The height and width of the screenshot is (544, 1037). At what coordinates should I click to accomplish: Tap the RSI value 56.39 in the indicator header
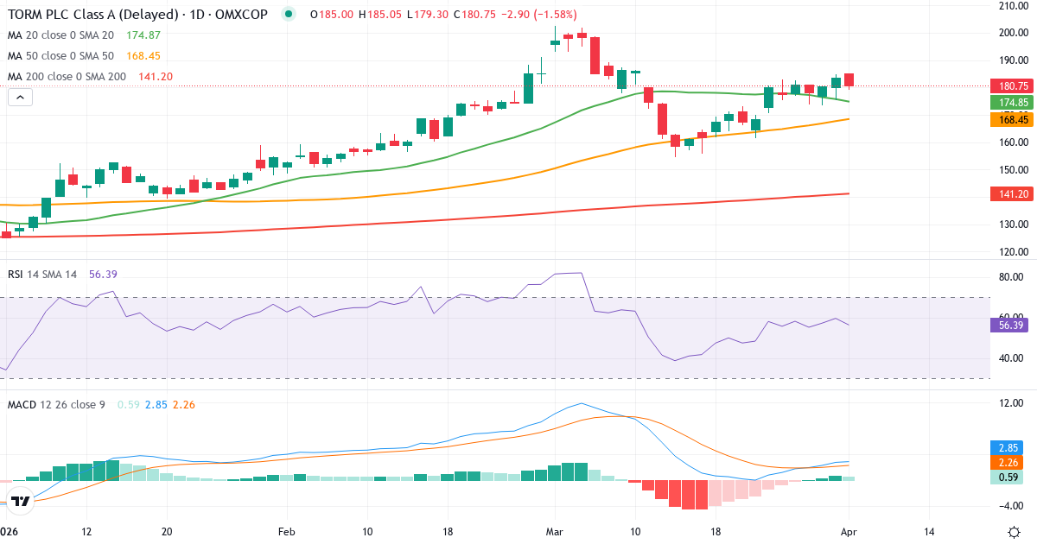tap(103, 274)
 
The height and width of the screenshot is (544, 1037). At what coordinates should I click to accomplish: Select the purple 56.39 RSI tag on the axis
tap(1011, 326)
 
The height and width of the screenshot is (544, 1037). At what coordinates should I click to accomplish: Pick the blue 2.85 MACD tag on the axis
tap(1008, 448)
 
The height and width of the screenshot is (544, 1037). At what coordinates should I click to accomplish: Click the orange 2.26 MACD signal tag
tap(1008, 463)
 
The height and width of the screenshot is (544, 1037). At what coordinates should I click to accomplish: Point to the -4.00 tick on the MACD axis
tap(1008, 505)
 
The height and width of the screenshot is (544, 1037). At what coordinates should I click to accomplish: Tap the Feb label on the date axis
tap(287, 531)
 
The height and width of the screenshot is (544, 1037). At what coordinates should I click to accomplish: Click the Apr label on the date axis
tap(849, 531)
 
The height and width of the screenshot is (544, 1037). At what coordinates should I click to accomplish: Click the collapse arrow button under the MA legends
tap(20, 98)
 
